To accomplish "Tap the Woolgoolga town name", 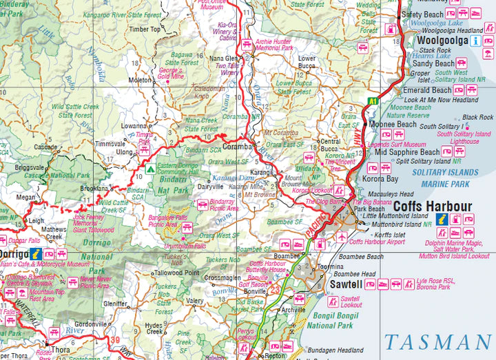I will [443, 41].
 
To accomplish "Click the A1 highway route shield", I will [373, 101].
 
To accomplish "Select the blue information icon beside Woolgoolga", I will [475, 41].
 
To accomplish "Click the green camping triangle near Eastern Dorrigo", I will [149, 168].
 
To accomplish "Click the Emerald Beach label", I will [426, 90].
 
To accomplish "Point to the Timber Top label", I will [145, 29].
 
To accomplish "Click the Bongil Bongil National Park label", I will [329, 321].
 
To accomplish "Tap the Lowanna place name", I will [134, 127].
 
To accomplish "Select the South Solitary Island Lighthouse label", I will [465, 138].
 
